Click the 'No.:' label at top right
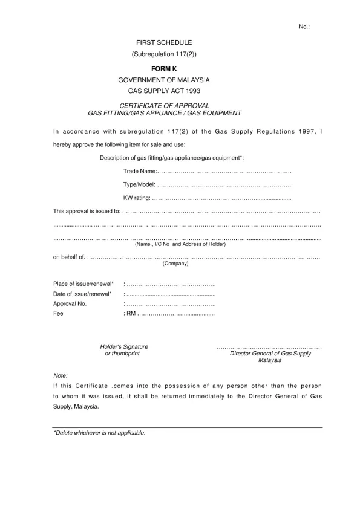[304, 27]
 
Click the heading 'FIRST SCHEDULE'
[164, 42]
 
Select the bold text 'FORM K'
[164, 68]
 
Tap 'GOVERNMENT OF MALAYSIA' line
[164, 80]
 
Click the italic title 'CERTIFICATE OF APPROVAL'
[164, 106]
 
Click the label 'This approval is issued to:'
[87, 212]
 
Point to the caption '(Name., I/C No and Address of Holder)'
[180, 244]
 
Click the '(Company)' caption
[175, 264]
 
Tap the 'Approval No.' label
[70, 304]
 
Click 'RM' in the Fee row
[131, 314]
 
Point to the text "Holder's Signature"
[124, 346]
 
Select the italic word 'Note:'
[61, 375]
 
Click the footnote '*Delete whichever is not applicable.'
[100, 433]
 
